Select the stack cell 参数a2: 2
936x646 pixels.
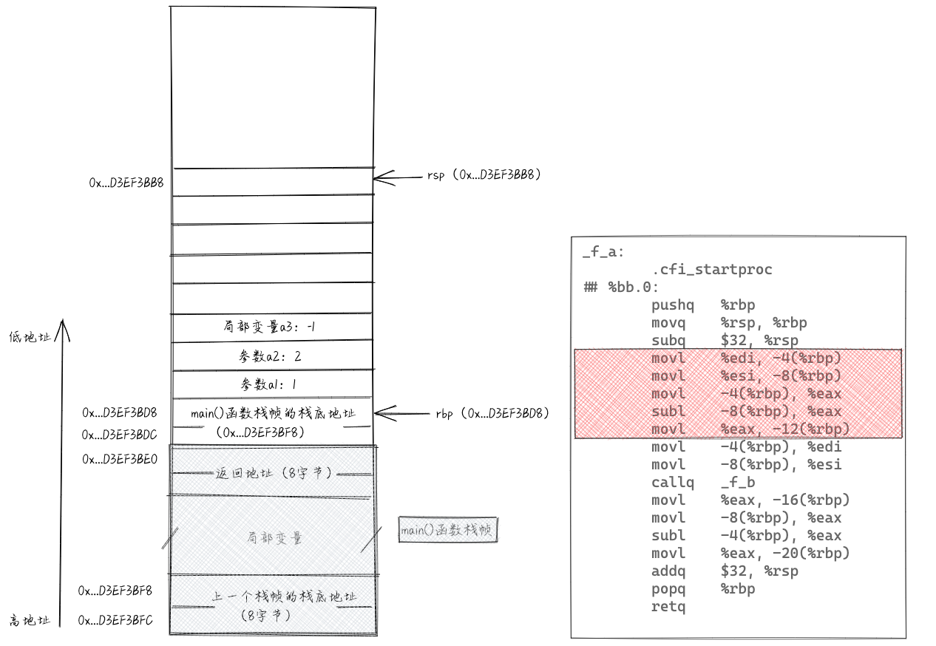tap(270, 356)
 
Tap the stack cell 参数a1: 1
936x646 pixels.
tap(270, 384)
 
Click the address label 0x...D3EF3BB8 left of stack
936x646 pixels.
tap(126, 182)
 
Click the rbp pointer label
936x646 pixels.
tap(492, 413)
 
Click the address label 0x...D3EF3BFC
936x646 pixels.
tap(115, 621)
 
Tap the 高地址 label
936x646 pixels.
tap(30, 621)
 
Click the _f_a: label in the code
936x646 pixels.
tap(603, 252)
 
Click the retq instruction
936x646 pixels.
tap(668, 607)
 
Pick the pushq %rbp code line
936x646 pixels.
tap(702, 305)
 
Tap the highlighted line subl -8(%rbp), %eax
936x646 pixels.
tap(746, 412)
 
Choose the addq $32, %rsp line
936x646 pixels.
tap(725, 571)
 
